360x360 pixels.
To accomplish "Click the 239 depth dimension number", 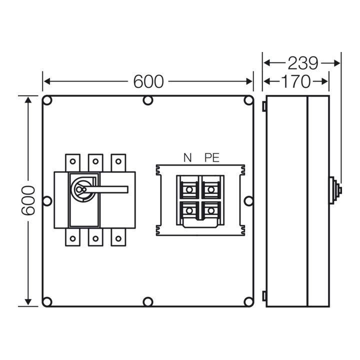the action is click(x=302, y=63).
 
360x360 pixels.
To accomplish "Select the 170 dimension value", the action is click(x=295, y=81).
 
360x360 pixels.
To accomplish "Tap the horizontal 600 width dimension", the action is click(x=148, y=81).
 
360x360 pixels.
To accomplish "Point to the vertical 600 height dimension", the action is click(x=28, y=200).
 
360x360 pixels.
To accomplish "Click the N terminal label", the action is click(x=187, y=157).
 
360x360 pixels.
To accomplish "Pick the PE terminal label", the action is click(x=212, y=157).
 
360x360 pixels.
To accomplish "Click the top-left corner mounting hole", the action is click(x=47, y=100).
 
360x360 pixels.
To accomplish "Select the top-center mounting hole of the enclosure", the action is click(x=148, y=100).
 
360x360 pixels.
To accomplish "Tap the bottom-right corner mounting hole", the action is click(x=248, y=301).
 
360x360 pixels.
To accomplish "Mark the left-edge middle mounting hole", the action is click(x=47, y=201).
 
